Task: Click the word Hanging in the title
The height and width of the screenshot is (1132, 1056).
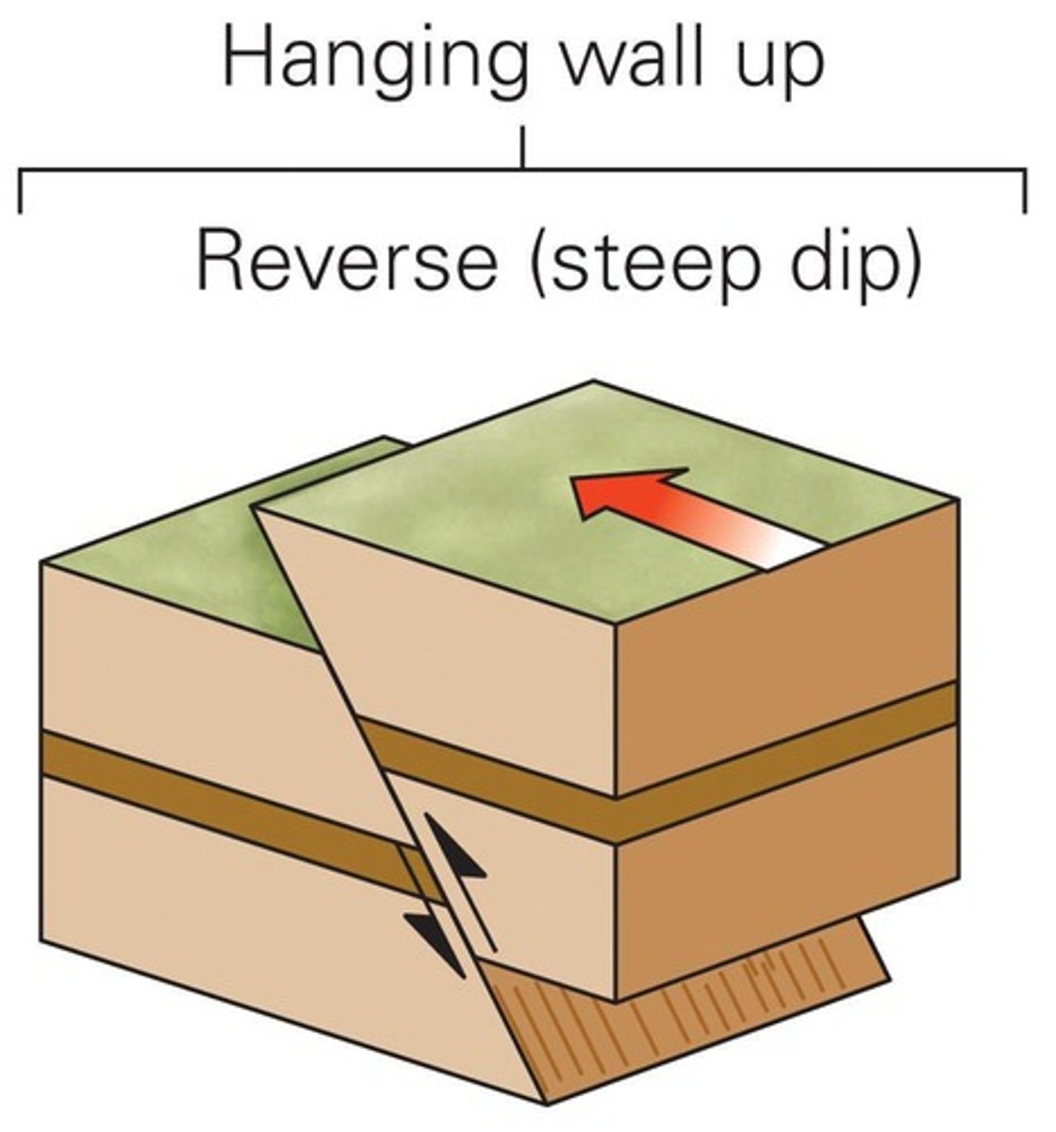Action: point(373,62)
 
